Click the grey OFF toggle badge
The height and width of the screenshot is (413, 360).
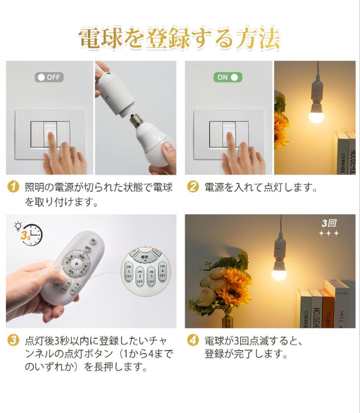[x=49, y=77]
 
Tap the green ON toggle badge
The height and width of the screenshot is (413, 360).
[x=228, y=77]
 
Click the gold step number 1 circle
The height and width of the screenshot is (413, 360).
[x=13, y=187]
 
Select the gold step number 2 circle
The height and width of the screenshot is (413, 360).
[x=193, y=187]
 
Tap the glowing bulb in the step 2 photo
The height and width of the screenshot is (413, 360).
[x=316, y=114]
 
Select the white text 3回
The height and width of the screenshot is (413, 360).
[x=329, y=223]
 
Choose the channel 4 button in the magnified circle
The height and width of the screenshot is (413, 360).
[x=162, y=270]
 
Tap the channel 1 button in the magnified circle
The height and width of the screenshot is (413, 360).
[x=129, y=271]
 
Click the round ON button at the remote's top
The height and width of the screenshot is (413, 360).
[x=93, y=240]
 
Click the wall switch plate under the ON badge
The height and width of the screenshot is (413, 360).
[x=222, y=134]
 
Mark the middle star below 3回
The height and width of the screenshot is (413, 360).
[x=329, y=234]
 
